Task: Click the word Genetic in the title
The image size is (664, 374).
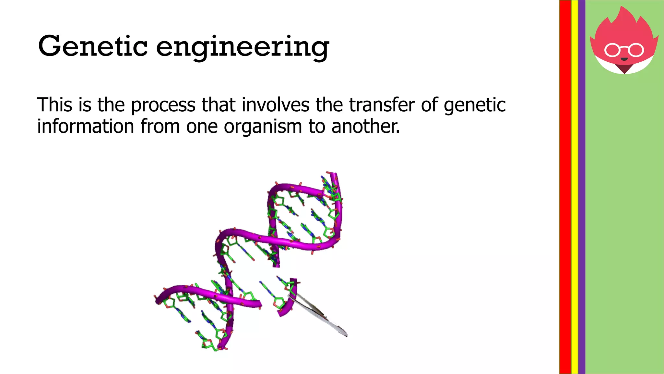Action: (x=93, y=46)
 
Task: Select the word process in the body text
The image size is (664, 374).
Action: (x=163, y=105)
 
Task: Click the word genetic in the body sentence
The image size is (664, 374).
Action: (x=475, y=105)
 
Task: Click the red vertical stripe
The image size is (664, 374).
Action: (x=565, y=187)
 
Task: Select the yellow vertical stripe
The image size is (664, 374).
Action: (x=575, y=187)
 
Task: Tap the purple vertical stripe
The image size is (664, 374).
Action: (x=582, y=187)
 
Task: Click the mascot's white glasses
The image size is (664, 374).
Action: (x=624, y=50)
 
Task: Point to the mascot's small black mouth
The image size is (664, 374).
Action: (x=624, y=59)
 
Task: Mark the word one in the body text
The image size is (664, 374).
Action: (x=202, y=127)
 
